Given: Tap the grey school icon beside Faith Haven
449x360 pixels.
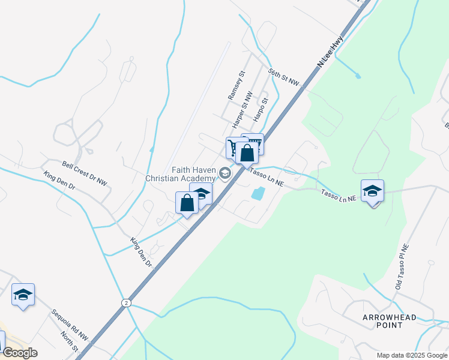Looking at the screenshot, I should pos(225,174).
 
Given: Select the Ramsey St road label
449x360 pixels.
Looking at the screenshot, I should pos(237,86).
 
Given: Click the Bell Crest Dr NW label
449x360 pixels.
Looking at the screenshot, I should pos(85,173).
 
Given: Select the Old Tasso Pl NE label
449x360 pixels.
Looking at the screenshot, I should pos(402,266).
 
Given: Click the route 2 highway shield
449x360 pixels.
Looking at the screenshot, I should pos(125,302).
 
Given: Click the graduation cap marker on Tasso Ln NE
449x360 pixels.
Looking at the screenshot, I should pos(372,191).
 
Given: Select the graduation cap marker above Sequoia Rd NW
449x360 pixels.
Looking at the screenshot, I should pos(23,295).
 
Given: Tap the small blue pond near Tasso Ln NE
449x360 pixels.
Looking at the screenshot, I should pos(258,193).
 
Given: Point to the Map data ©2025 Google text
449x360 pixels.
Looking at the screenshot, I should pos(411,355).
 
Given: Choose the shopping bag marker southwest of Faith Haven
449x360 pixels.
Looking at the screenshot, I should pos(187,203).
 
